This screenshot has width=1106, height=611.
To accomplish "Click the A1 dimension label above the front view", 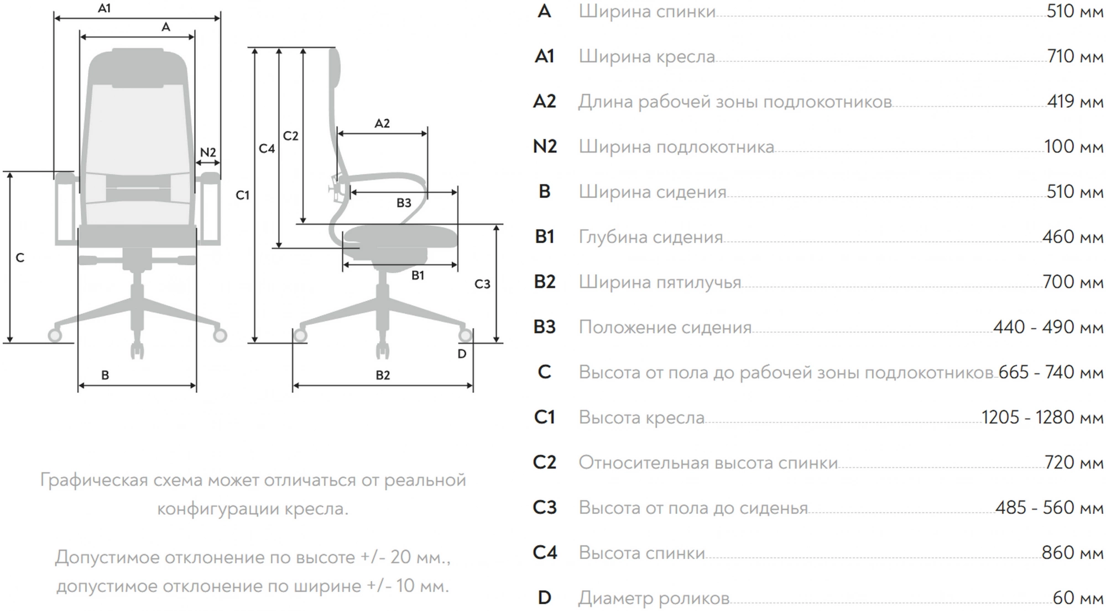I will click(x=104, y=8).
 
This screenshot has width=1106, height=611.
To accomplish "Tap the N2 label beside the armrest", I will click(x=208, y=152).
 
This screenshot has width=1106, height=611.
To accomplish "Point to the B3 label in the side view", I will click(x=404, y=203).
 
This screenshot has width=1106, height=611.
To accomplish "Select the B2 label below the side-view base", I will click(x=383, y=375).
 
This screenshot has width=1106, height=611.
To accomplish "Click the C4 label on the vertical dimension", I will click(x=267, y=148).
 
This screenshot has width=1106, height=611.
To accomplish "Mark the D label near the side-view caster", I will click(x=462, y=354).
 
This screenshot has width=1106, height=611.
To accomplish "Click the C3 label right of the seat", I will click(x=482, y=284).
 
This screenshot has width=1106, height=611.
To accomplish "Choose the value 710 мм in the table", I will click(x=1075, y=56).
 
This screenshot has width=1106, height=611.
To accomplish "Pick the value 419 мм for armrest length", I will click(x=1075, y=102).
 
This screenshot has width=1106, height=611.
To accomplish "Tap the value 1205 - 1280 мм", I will click(x=1042, y=417).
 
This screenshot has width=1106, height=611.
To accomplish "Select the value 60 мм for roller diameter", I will click(x=1078, y=598).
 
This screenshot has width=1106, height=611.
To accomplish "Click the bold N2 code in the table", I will click(x=545, y=146).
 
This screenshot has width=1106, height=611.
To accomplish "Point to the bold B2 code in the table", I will click(x=545, y=282).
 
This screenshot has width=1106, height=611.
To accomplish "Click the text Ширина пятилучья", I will click(x=660, y=282).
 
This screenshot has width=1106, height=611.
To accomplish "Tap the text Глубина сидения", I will click(x=651, y=237).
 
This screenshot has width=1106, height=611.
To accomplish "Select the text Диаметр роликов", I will click(x=654, y=598).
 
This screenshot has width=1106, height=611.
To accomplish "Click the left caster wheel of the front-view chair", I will click(x=55, y=335).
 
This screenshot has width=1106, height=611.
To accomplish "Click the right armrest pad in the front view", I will click(x=210, y=178).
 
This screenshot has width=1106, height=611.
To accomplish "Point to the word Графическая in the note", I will click(x=94, y=480).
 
